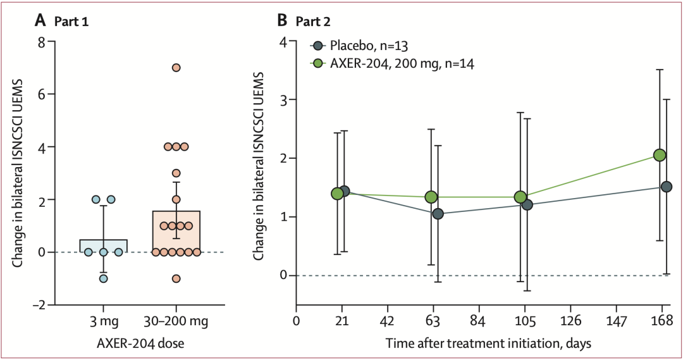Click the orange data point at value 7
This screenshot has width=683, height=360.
(176, 68)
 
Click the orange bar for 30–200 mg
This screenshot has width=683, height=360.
(176, 231)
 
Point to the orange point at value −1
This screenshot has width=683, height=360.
(176, 278)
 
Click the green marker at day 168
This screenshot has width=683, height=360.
(660, 155)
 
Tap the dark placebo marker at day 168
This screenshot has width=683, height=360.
(666, 187)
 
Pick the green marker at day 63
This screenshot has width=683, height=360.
(431, 197)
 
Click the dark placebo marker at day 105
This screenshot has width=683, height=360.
(527, 204)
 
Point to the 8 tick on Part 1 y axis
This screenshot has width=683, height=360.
(41, 42)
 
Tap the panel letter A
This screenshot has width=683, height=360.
(40, 20)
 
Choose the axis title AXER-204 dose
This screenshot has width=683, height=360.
(140, 343)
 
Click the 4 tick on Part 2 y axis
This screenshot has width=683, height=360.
(285, 42)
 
